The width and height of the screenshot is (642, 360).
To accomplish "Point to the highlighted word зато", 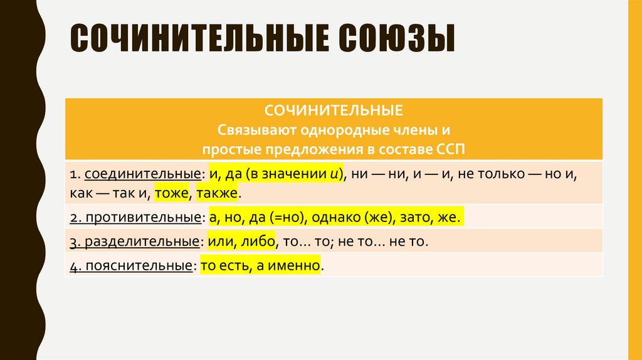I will (x=418, y=217).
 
